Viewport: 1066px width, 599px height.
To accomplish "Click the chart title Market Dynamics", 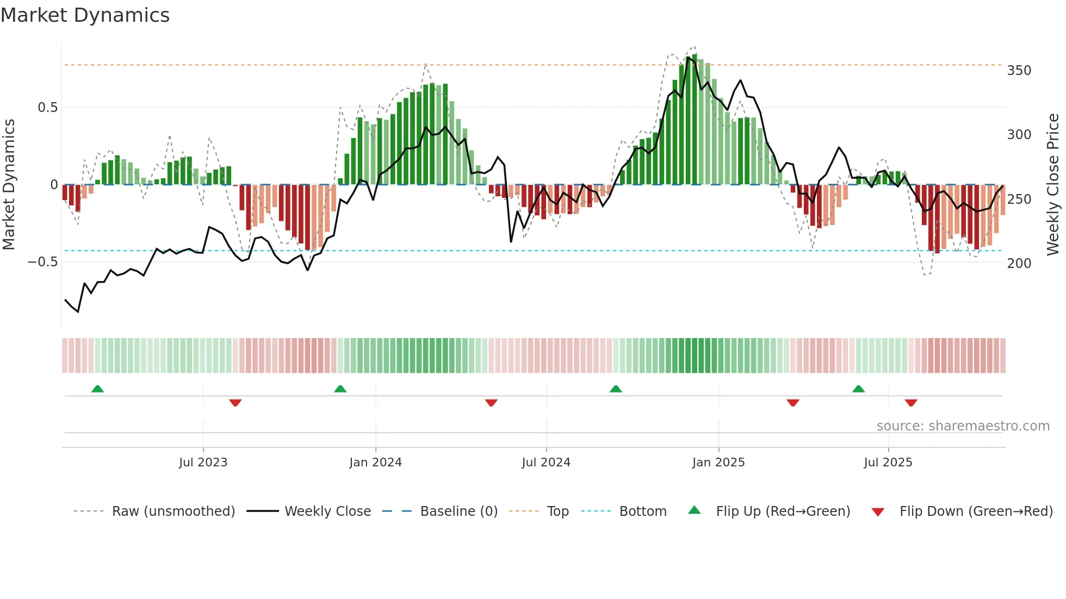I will [x=85, y=15].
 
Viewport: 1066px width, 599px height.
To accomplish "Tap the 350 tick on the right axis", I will [x=1019, y=71].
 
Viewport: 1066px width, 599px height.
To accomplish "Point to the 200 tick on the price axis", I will [x=1019, y=264].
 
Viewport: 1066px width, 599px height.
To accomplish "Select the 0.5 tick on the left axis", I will [x=47, y=108].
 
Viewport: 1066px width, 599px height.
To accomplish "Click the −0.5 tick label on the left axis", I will [x=43, y=262].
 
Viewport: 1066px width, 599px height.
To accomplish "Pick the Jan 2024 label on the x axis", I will [x=375, y=463].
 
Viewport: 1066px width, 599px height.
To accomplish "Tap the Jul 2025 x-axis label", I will [x=888, y=463].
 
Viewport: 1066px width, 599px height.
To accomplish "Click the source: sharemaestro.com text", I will [x=963, y=426].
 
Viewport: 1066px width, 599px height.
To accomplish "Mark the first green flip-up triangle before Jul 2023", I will [x=97, y=389].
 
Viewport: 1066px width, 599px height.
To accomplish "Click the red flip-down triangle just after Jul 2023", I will [x=235, y=403].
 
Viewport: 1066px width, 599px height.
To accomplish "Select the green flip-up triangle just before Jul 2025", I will [x=858, y=389].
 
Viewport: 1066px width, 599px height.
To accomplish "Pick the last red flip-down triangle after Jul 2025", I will [x=911, y=403].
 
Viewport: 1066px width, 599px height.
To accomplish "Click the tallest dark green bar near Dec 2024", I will [x=695, y=120].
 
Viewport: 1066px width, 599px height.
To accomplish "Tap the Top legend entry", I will [x=557, y=511].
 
